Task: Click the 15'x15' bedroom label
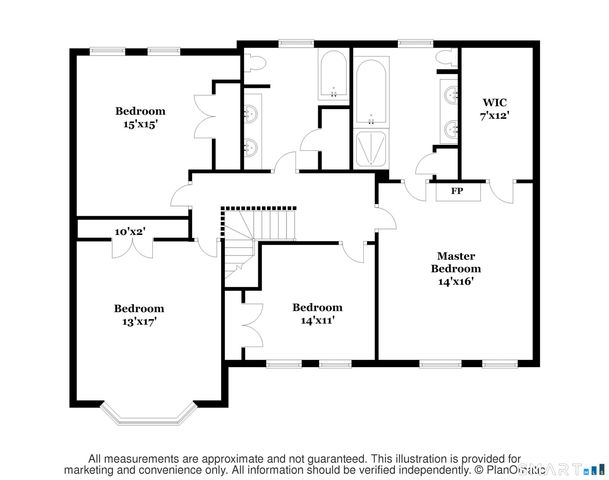(x=139, y=117)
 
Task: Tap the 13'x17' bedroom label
(x=138, y=315)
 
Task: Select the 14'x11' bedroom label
(x=317, y=313)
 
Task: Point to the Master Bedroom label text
(x=456, y=268)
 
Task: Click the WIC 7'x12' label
(x=494, y=108)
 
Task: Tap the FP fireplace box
(x=457, y=190)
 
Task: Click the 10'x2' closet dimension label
(x=130, y=231)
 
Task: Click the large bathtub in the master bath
(x=372, y=90)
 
